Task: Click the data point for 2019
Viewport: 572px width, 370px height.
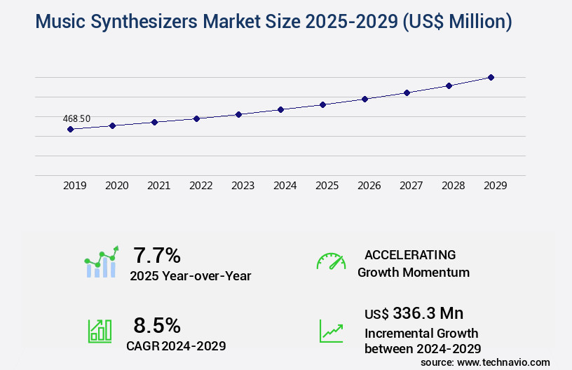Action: click(x=70, y=129)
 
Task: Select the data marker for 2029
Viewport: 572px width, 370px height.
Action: click(x=491, y=77)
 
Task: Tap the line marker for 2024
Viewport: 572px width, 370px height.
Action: click(x=280, y=109)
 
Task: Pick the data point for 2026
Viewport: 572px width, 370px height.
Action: click(x=365, y=99)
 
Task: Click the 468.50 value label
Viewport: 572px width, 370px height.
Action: click(x=76, y=118)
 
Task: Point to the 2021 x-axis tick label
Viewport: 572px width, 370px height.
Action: click(x=158, y=186)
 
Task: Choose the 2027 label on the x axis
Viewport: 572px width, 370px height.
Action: click(x=411, y=186)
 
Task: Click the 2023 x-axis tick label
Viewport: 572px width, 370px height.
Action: click(x=243, y=186)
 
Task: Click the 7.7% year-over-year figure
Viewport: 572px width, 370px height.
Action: click(x=157, y=254)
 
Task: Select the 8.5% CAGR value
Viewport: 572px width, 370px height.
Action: click(x=157, y=325)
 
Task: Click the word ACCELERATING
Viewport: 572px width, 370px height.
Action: click(x=410, y=254)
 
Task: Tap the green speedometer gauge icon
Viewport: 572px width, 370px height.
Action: click(x=331, y=261)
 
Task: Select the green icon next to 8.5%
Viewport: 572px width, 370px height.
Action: click(x=100, y=331)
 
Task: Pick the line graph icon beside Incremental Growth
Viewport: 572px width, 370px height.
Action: click(x=331, y=331)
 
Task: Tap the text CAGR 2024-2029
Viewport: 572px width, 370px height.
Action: click(x=176, y=345)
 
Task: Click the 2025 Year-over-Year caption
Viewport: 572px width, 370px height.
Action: click(x=190, y=275)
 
